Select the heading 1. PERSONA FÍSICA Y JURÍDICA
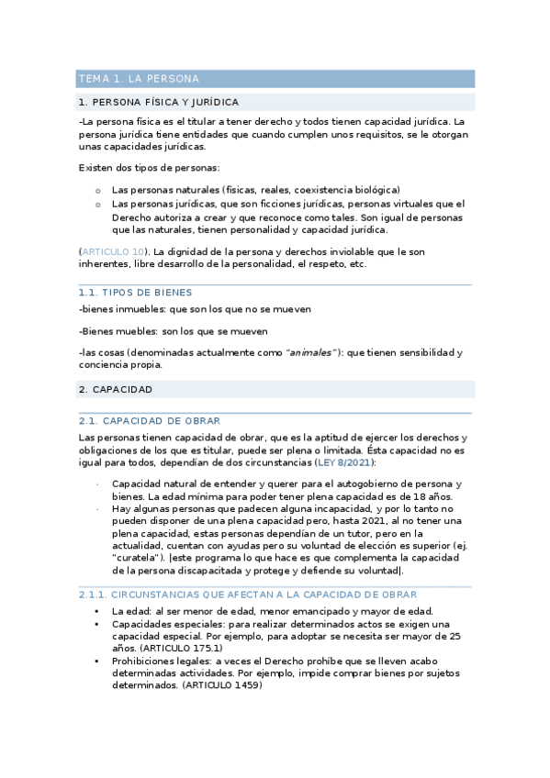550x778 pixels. coord(159,102)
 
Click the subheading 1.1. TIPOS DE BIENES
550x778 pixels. coord(135,293)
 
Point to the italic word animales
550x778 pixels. coord(310,352)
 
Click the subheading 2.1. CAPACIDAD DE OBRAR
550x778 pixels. coord(150,420)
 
